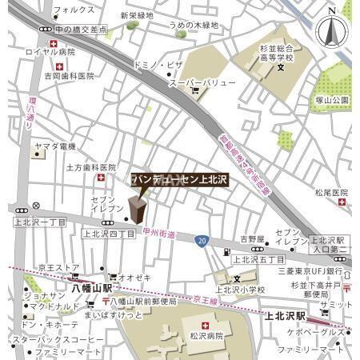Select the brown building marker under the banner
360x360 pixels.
click(x=137, y=210)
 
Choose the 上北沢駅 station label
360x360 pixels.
click(x=289, y=318)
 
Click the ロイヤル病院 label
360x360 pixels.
click(x=50, y=51)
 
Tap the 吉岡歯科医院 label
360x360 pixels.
click(x=69, y=76)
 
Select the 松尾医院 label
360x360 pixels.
click(x=330, y=193)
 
